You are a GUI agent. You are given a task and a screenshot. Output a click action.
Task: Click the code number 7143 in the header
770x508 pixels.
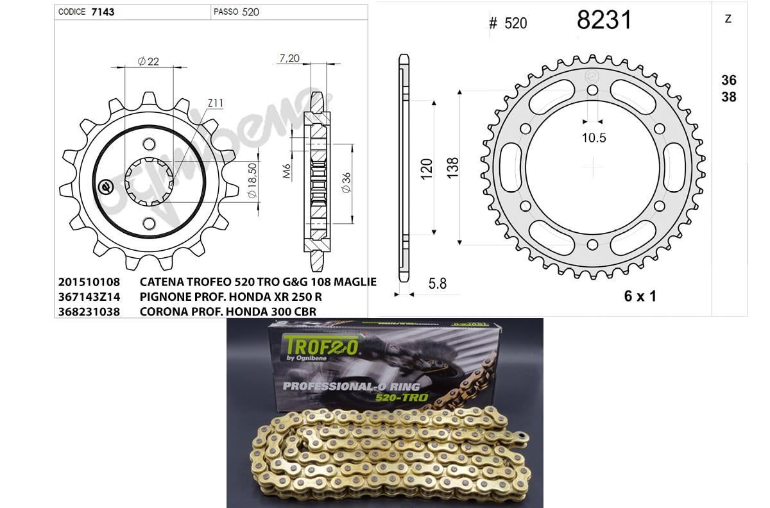103,12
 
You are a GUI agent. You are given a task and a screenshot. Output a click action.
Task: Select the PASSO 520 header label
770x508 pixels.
237,12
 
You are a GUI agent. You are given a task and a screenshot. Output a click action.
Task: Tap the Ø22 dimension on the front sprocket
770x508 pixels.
149,62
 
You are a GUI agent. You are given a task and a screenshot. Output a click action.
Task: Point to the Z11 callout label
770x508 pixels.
215,103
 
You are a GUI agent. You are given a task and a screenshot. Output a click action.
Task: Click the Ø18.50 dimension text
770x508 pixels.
252,180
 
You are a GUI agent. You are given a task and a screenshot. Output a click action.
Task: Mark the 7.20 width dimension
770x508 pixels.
289,58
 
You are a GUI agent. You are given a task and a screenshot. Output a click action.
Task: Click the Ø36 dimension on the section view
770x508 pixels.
346,184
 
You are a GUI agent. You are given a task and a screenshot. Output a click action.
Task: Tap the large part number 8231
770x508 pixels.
604,21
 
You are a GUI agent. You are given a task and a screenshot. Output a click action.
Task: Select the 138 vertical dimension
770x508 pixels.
452,168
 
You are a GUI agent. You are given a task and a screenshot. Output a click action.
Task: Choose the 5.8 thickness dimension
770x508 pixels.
436,284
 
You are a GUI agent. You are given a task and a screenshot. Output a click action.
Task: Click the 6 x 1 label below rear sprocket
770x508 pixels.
640,296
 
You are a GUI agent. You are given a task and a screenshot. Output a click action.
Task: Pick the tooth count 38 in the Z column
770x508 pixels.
728,97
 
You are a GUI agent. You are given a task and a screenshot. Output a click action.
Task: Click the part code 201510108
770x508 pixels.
89,282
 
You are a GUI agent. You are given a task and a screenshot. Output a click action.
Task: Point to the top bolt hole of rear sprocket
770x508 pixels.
592,90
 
